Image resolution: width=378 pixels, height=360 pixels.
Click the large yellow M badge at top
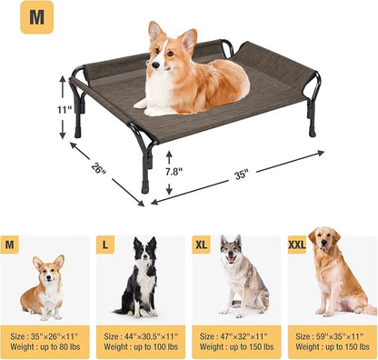pyautogui.click(x=36, y=17)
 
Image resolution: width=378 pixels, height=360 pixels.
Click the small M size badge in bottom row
pyautogui.click(x=11, y=245)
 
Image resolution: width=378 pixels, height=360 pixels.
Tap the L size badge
pyautogui.click(x=105, y=245)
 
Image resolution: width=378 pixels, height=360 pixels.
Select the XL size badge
pyautogui.click(x=202, y=245)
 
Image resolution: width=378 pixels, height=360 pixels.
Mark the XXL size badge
pyautogui.click(x=298, y=245)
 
